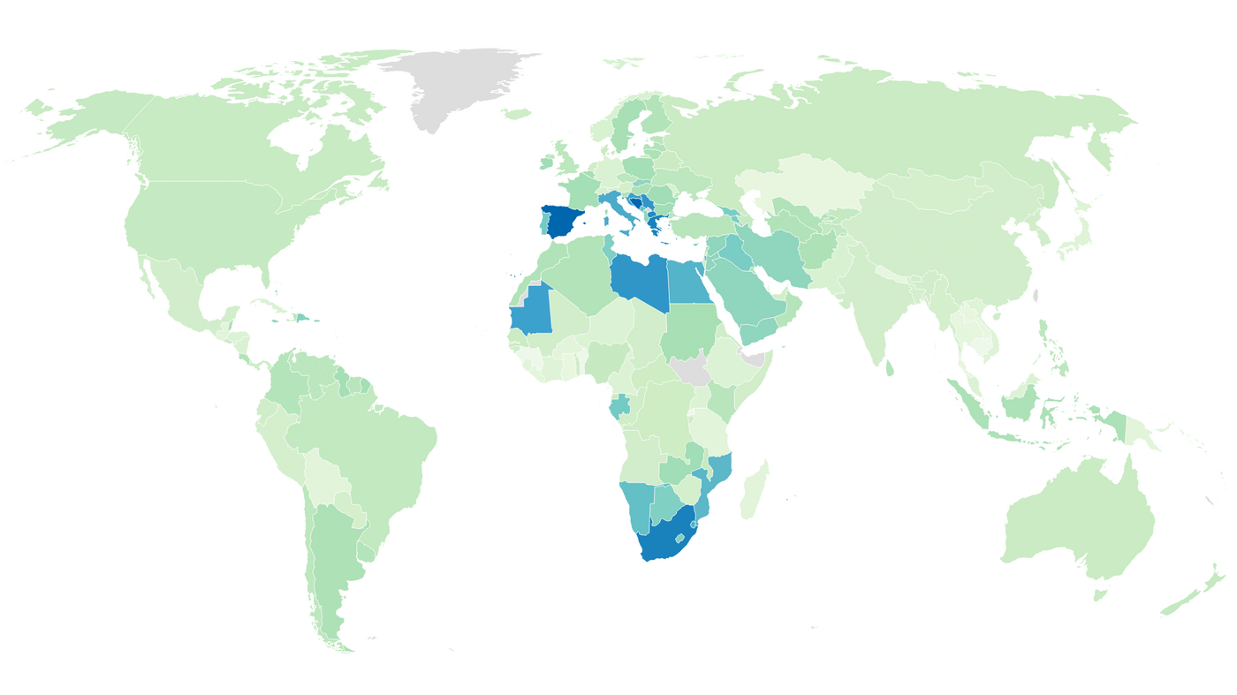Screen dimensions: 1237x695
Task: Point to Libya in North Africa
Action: (638, 281)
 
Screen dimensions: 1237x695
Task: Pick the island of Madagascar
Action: (755, 491)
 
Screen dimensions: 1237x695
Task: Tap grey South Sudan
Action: (691, 371)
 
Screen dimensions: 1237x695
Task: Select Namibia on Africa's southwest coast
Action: (638, 507)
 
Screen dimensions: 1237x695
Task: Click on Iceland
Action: (517, 114)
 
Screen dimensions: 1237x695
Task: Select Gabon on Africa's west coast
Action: (619, 406)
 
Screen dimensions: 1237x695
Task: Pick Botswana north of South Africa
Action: (668, 504)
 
